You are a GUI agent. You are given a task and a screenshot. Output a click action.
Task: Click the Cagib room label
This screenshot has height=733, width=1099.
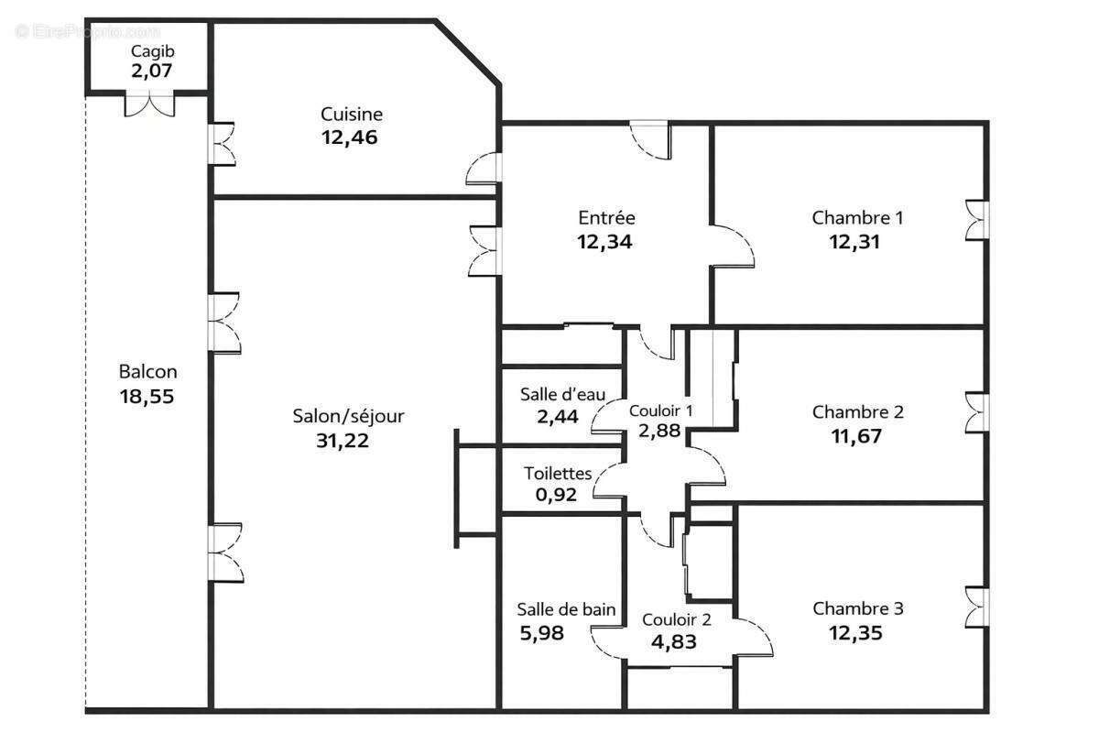[147, 50]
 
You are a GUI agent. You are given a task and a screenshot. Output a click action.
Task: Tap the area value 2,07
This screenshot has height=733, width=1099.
[151, 70]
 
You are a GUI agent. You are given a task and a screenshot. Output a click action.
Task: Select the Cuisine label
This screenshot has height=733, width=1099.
[352, 115]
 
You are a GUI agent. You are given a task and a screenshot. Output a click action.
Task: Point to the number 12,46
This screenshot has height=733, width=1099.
[349, 138]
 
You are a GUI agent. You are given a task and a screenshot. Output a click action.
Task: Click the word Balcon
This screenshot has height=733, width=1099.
[148, 372]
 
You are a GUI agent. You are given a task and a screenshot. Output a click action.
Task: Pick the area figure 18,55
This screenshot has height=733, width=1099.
[147, 397]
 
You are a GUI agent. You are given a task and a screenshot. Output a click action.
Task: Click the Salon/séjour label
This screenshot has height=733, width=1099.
[348, 416]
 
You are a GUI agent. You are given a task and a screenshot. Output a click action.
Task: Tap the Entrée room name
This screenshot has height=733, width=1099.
[606, 218]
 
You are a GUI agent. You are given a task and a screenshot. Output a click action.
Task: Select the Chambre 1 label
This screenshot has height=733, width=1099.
[857, 218]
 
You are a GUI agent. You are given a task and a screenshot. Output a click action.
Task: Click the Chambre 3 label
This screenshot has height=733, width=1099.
[858, 608]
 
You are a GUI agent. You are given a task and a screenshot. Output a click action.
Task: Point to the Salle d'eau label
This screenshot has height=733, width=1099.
[562, 395]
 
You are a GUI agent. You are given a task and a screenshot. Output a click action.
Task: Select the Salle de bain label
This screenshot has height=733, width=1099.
[566, 609]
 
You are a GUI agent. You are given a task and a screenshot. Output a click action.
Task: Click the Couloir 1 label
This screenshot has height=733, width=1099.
[660, 410]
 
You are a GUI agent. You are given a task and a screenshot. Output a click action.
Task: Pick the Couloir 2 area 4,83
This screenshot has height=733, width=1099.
[673, 642]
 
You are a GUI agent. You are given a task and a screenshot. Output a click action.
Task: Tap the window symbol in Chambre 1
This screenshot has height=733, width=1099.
[977, 221]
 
